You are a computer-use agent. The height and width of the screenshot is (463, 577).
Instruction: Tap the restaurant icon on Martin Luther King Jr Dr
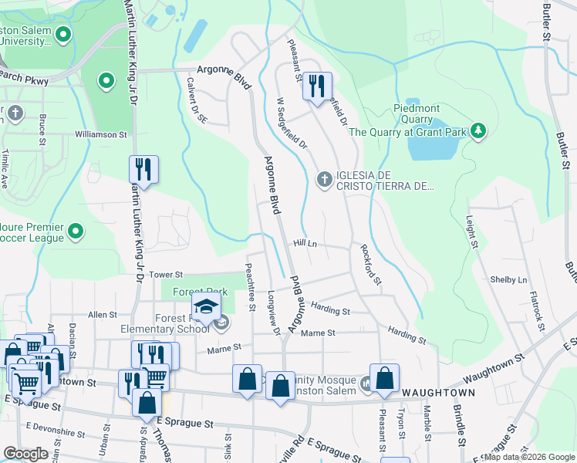click(143, 168)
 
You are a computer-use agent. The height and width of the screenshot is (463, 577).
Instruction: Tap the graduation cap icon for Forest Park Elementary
click(206, 309)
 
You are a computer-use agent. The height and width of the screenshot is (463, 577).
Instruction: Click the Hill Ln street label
click(305, 243)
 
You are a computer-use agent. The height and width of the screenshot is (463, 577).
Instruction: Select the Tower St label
click(165, 274)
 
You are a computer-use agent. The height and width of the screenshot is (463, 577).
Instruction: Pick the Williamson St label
click(100, 134)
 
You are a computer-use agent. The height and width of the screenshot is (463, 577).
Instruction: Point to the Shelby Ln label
click(508, 279)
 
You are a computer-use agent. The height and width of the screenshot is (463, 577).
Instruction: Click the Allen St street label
click(103, 315)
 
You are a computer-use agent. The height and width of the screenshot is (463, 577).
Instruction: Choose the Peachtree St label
click(250, 286)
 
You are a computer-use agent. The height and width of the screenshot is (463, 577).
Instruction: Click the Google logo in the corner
click(25, 454)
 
